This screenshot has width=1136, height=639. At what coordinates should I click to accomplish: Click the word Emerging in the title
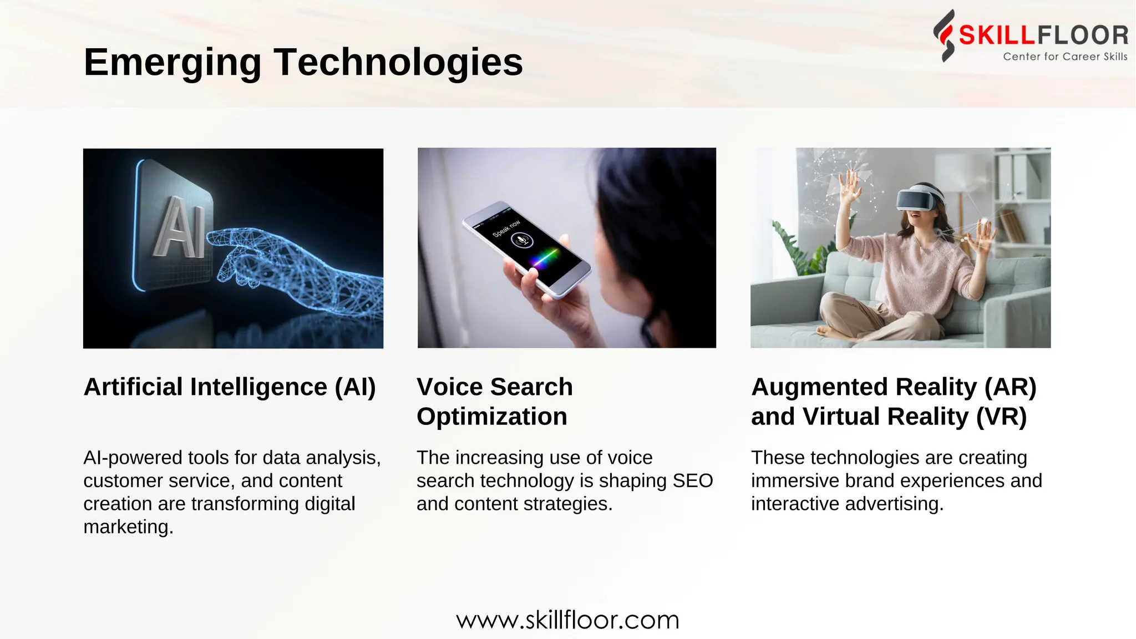tap(172, 62)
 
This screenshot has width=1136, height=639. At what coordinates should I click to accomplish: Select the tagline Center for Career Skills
tap(1064, 57)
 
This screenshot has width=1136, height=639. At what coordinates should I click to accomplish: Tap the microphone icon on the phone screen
tap(521, 241)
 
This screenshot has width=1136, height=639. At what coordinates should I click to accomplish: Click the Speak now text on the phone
tap(506, 228)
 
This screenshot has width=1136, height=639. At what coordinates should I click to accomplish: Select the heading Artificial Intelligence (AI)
tap(230, 387)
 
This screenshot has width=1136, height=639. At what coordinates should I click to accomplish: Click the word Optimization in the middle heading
tap(491, 416)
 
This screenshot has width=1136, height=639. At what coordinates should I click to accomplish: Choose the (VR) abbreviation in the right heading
tap(1001, 416)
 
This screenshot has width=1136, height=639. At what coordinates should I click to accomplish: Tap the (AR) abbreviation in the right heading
tap(1010, 387)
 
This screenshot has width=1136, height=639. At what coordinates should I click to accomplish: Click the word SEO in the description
tap(692, 480)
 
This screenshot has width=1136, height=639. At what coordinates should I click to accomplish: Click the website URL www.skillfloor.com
tap(567, 620)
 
